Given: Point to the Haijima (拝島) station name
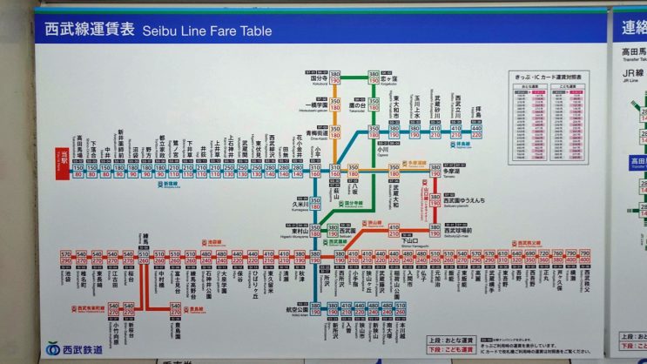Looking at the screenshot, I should click(x=476, y=115).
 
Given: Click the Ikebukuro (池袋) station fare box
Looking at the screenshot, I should click(x=65, y=259).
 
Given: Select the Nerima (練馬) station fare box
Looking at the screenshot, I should click(x=144, y=259).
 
